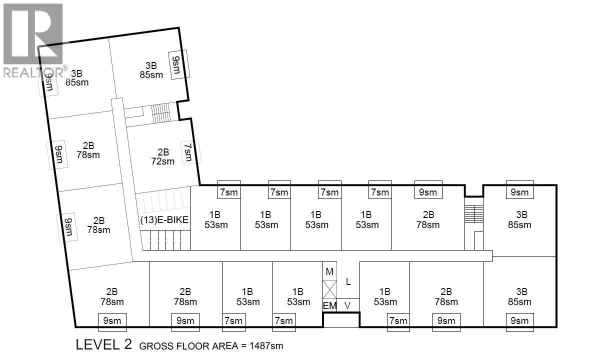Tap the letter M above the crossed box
coord(329,271)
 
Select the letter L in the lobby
coord(348,282)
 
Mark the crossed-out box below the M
coord(330,289)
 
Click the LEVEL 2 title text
coord(103,345)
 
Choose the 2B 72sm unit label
coord(163,156)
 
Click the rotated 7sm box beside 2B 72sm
coord(187,152)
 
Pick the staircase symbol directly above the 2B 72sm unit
coord(161,112)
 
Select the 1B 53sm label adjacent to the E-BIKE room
coord(216,219)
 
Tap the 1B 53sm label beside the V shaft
coord(384,296)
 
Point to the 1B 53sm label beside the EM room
coord(298,296)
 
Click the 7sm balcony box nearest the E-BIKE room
coord(229,192)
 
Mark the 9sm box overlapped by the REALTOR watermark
coord(49,80)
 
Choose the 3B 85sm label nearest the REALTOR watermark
coord(77,77)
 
